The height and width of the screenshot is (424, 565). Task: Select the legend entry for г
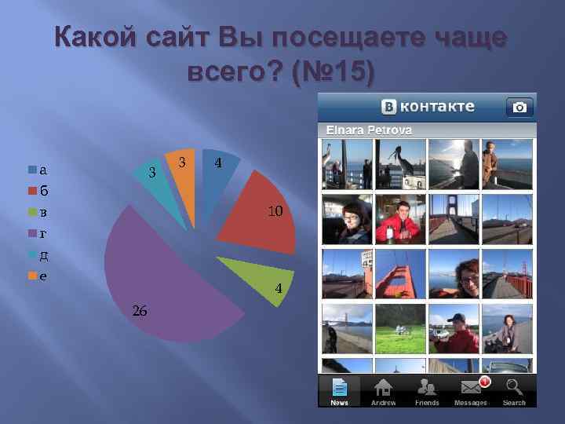pos(38,233)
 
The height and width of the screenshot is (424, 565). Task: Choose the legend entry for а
pos(38,169)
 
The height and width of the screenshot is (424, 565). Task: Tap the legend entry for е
pos(38,276)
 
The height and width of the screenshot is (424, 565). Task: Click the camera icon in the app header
pos(519,106)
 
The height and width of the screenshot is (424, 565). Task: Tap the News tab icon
pos(339,387)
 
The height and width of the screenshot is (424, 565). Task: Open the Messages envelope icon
pos(471,387)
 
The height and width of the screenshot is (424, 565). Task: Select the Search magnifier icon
pos(514,387)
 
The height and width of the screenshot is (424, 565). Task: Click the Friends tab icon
pos(427,387)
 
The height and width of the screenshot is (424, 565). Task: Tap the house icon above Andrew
pos(383,387)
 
